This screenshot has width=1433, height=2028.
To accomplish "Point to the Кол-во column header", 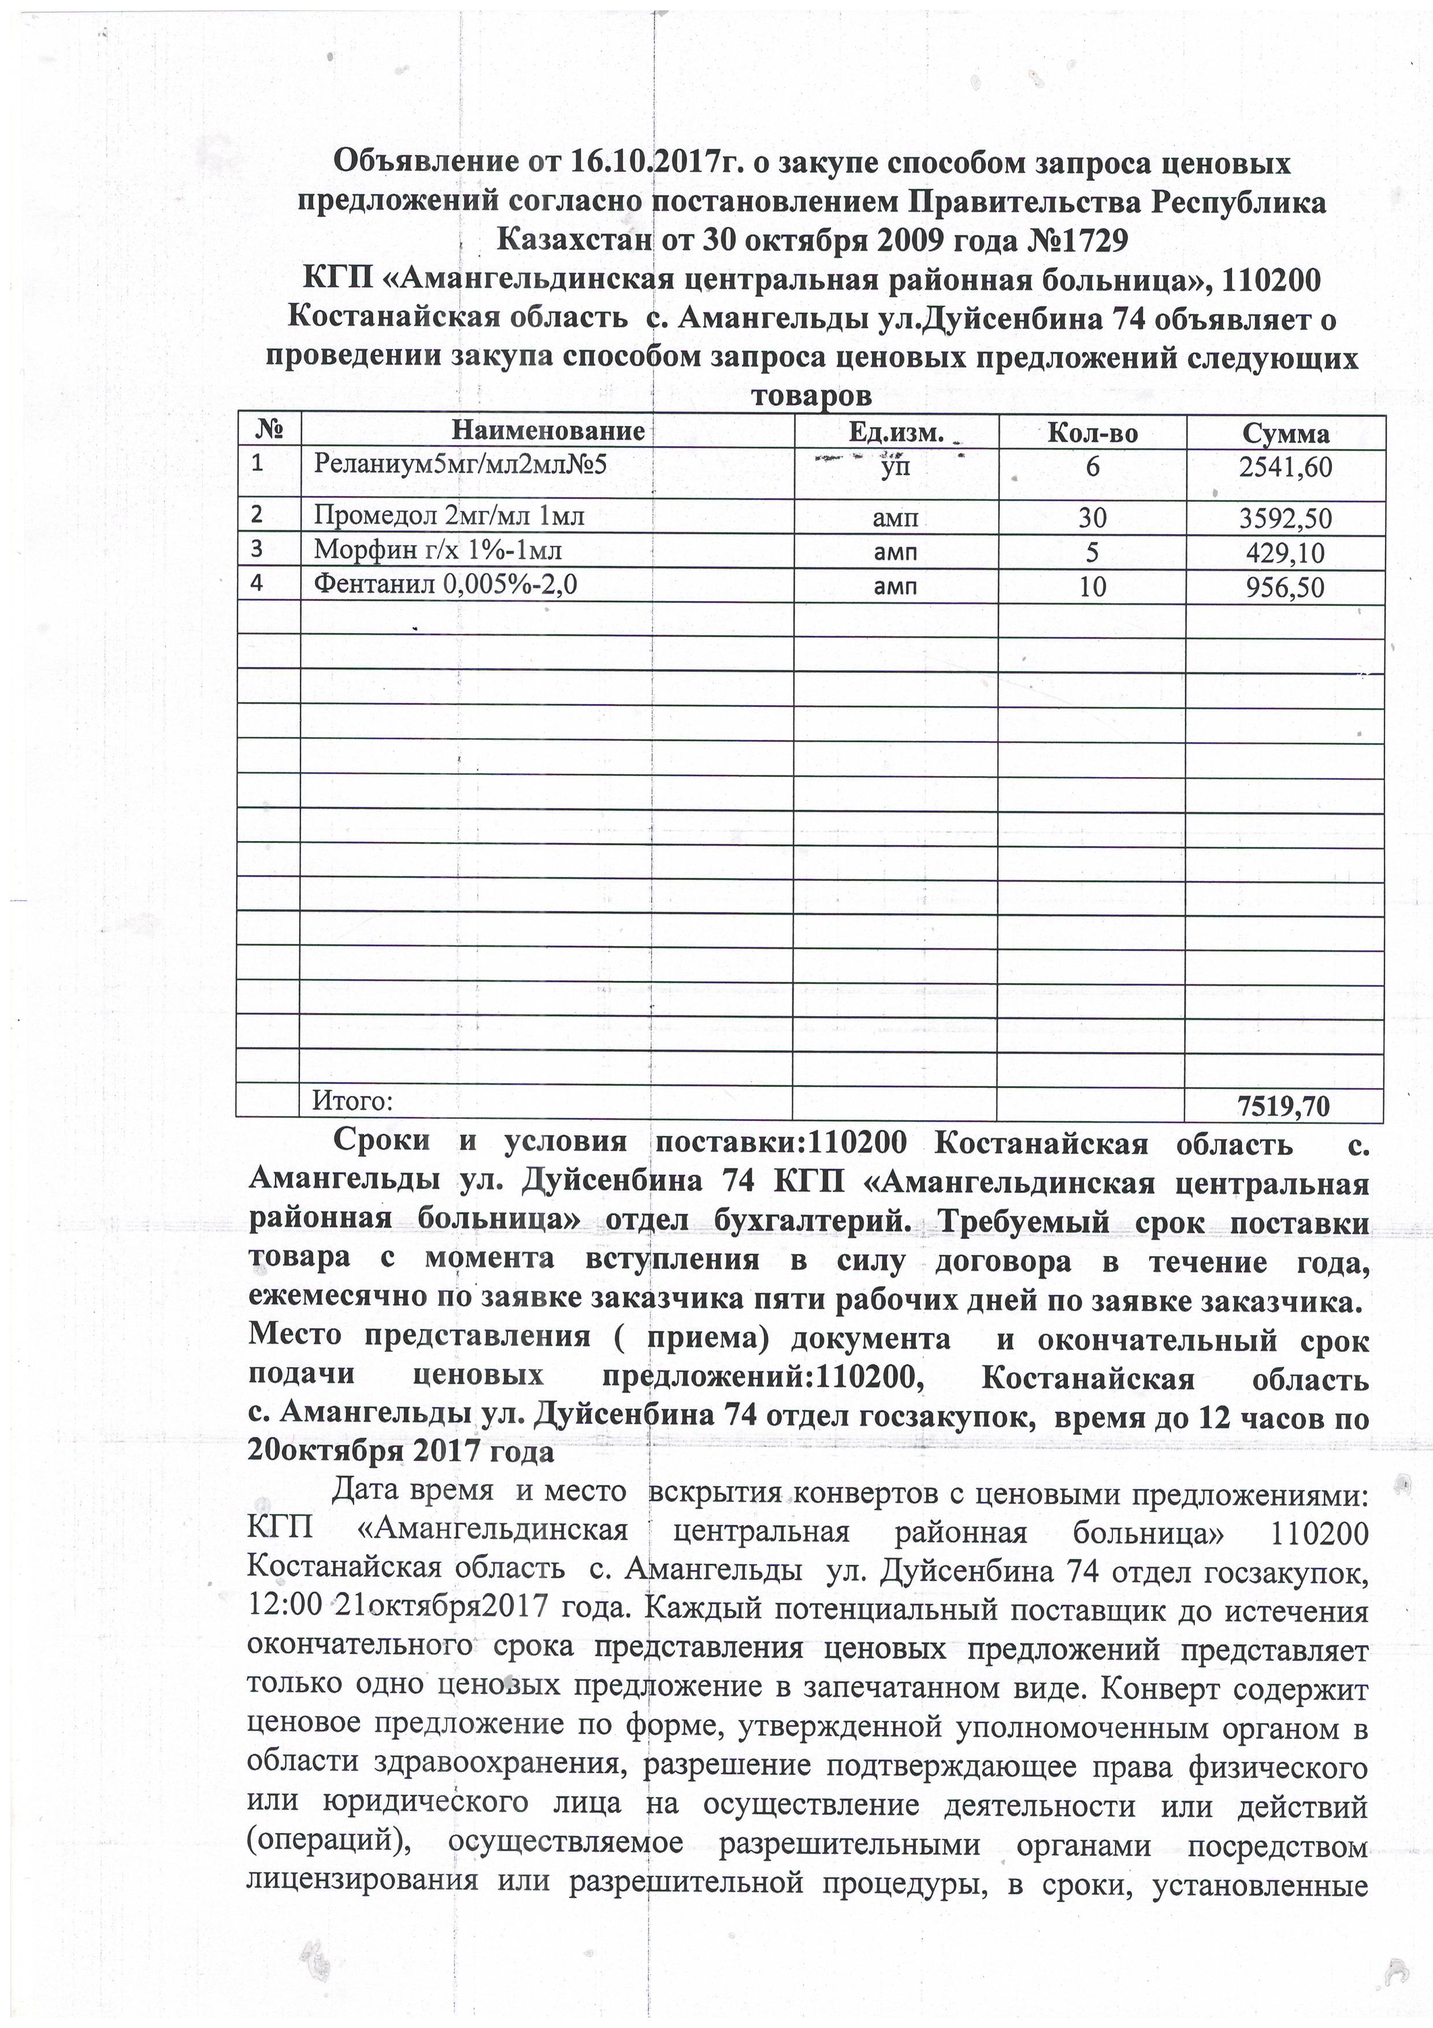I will pyautogui.click(x=1092, y=433).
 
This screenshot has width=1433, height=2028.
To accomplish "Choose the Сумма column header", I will pyautogui.click(x=1284, y=434).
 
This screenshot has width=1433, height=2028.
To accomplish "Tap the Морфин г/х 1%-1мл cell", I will pyautogui.click(x=438, y=551).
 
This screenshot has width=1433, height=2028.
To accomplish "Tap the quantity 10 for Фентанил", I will pyautogui.click(x=1092, y=587).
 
